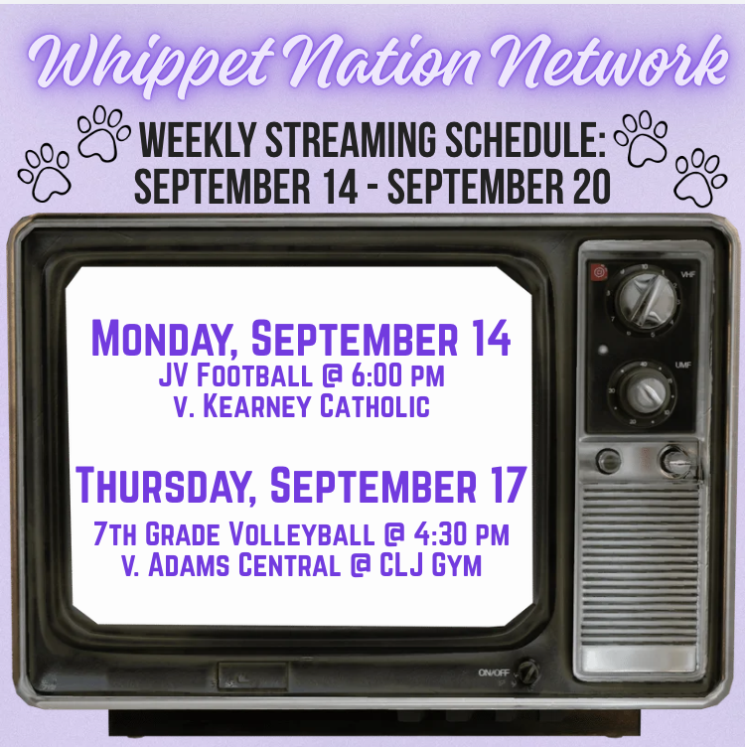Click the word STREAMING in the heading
point(350,140)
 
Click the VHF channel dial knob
point(647,299)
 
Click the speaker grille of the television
point(641,561)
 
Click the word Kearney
point(257,406)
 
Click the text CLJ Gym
point(431,565)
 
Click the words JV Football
point(235,375)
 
